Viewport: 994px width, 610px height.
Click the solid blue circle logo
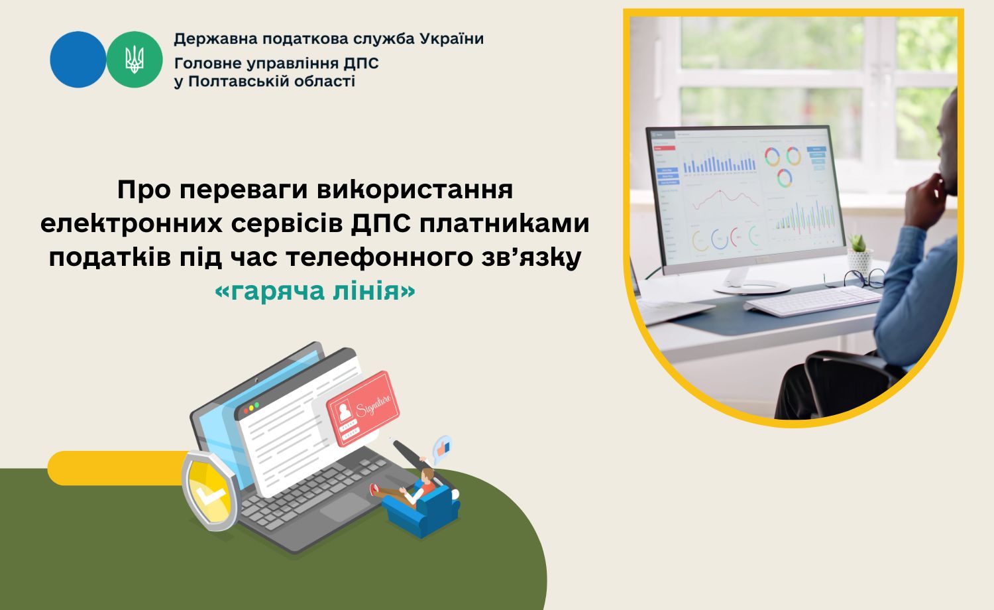pyautogui.click(x=78, y=60)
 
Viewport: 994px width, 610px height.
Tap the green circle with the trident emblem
pyautogui.click(x=135, y=60)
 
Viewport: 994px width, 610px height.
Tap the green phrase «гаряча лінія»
pyautogui.click(x=315, y=292)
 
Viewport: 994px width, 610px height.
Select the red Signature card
pyautogui.click(x=363, y=408)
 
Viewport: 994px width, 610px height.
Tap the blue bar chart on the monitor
pyautogui.click(x=719, y=162)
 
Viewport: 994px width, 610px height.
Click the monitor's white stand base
pyautogui.click(x=751, y=287)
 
